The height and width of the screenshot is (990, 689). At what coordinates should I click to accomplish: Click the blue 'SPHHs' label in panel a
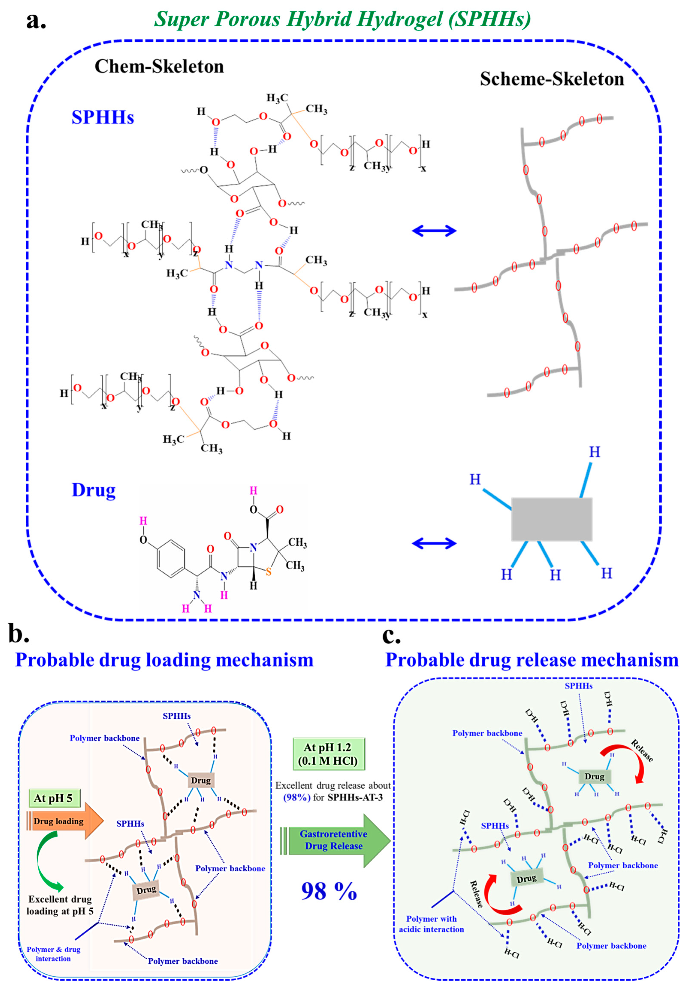[103, 117]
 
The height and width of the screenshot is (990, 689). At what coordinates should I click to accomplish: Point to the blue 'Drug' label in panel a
[93, 490]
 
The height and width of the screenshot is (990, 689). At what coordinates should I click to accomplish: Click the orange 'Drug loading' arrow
[65, 821]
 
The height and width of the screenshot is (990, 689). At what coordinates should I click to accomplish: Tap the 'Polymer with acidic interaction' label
[431, 924]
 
